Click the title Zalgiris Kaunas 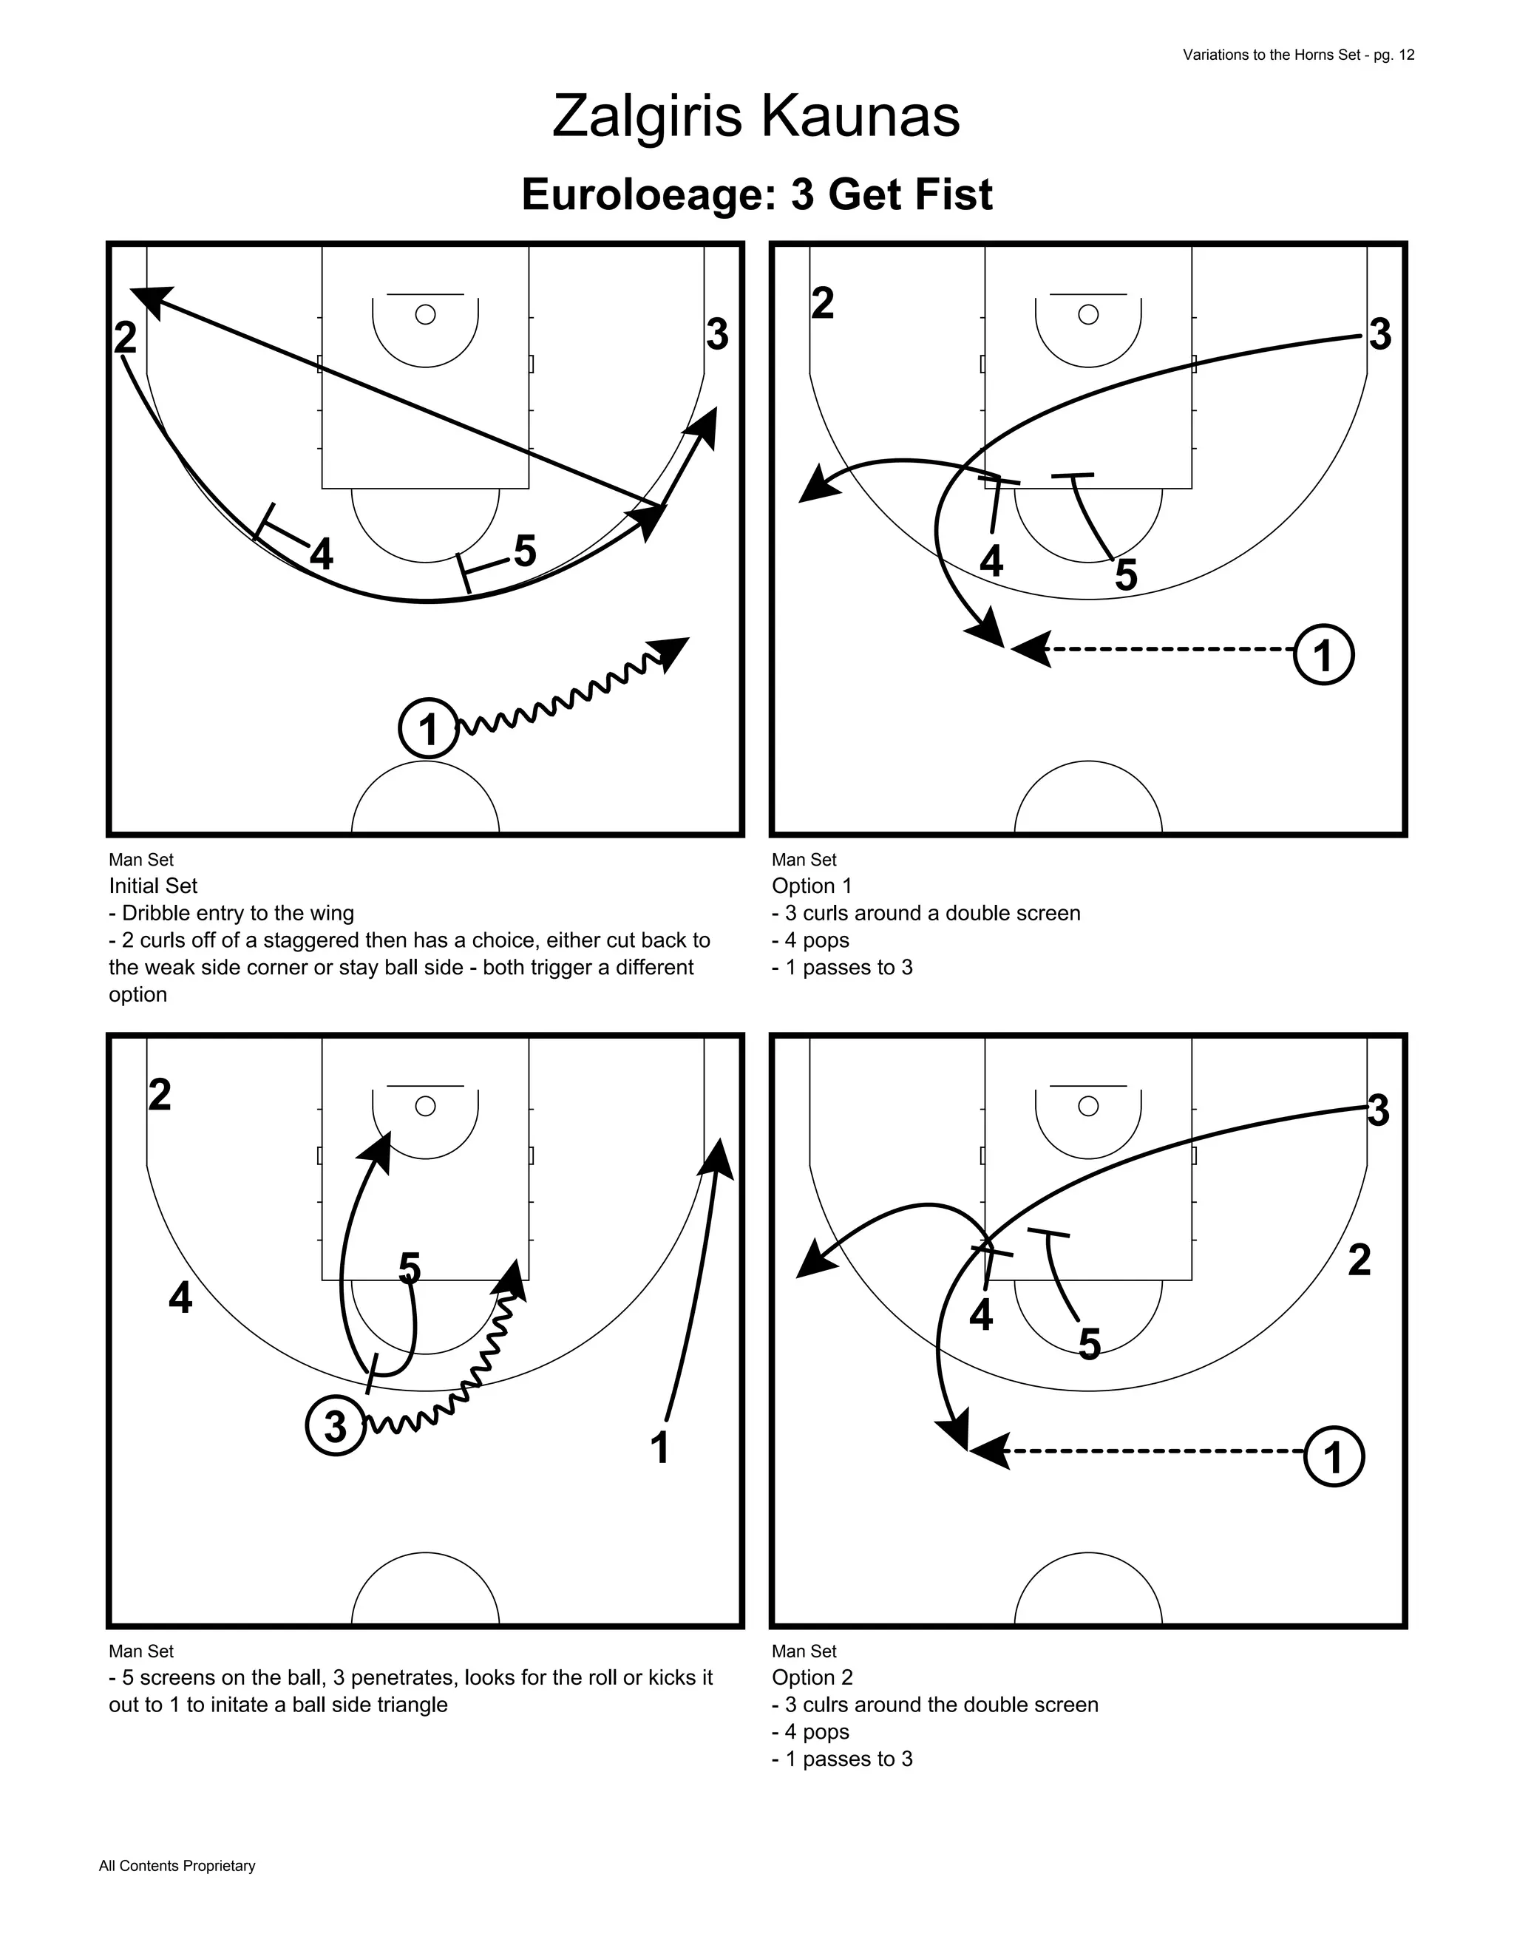click(756, 117)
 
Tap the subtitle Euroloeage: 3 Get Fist click(756, 194)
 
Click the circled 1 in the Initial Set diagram click(429, 728)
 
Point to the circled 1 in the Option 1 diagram click(1323, 655)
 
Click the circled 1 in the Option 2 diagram click(1334, 1457)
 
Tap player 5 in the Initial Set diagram click(525, 551)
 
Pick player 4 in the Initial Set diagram click(321, 555)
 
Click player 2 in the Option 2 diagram click(1359, 1260)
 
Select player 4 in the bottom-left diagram click(180, 1298)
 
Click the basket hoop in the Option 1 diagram click(1088, 315)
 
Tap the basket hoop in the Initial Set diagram click(425, 315)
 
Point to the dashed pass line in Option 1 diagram click(1166, 648)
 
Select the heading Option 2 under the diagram click(812, 1677)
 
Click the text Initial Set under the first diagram click(152, 886)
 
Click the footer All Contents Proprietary click(177, 1866)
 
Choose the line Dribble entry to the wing click(231, 913)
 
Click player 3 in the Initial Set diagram click(716, 335)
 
